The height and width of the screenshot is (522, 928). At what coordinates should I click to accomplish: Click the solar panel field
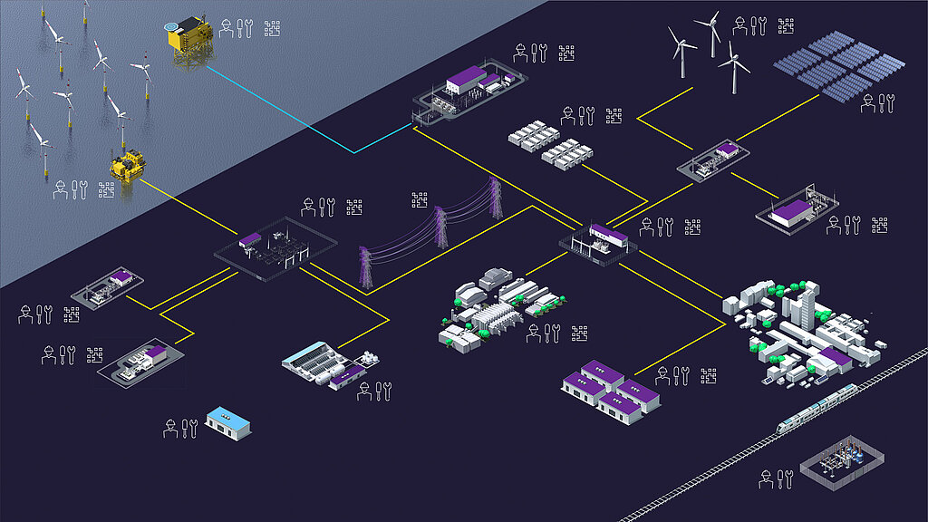pos(839,64)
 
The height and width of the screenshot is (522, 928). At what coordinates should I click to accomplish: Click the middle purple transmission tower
pos(440,226)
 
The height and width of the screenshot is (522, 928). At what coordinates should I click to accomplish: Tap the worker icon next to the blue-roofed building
pos(169,428)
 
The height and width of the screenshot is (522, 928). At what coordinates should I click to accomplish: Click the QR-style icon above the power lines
pos(419,199)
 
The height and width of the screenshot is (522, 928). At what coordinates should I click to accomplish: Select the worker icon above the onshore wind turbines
pos(740,26)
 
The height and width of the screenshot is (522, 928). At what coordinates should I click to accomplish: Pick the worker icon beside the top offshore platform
pos(226,28)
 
